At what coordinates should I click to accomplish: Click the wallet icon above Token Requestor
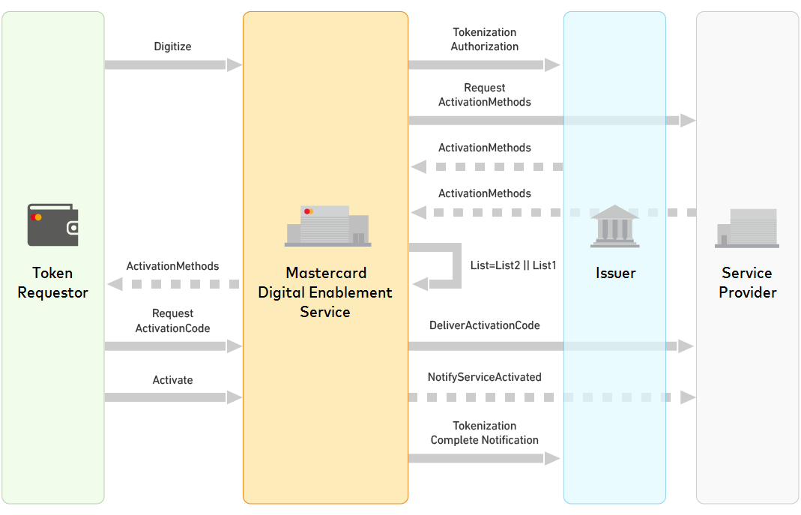[53, 225]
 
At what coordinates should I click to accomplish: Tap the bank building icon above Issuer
[614, 226]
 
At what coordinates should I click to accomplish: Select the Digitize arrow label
[173, 46]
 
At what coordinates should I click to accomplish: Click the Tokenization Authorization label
[485, 40]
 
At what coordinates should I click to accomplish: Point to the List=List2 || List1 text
[513, 265]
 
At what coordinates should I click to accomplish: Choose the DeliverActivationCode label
[485, 325]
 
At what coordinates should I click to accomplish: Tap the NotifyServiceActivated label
[485, 377]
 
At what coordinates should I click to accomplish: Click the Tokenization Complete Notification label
[485, 433]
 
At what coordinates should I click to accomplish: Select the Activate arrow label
[173, 380]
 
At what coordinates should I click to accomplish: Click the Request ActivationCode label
[173, 321]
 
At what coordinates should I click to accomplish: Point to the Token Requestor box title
[53, 283]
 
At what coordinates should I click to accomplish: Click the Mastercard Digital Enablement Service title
[325, 292]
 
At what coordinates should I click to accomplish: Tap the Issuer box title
[615, 273]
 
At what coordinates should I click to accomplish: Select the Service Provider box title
[747, 283]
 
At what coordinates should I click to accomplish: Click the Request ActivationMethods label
[485, 95]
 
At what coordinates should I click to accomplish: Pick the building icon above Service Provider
[747, 228]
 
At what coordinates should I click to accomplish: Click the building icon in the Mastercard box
[327, 226]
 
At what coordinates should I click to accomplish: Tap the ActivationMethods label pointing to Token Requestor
[173, 266]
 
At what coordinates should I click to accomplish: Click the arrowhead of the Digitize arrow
[235, 65]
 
